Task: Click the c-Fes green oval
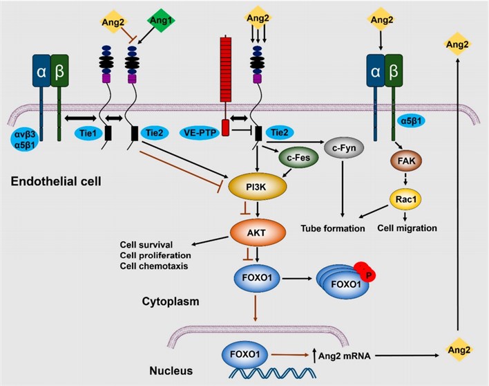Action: click(x=298, y=158)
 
